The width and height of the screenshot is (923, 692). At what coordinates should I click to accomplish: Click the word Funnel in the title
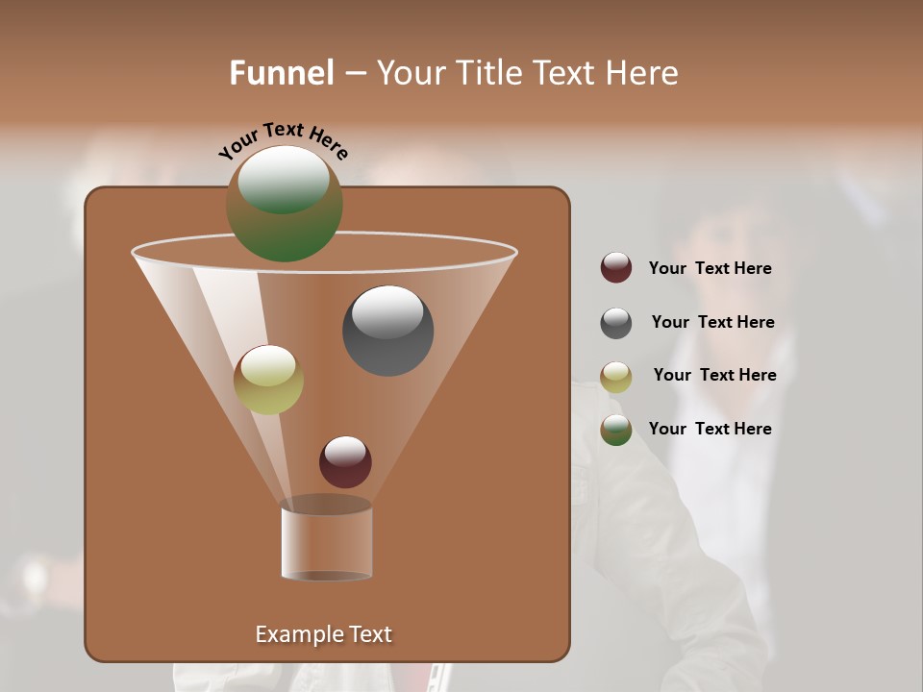click(x=281, y=73)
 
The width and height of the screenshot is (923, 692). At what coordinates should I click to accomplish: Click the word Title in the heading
click(x=491, y=73)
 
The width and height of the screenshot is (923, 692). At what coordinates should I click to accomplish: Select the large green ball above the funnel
click(x=285, y=204)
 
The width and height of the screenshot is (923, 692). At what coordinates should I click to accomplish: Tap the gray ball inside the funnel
click(x=387, y=331)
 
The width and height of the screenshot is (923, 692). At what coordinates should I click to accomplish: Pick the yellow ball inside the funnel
click(x=268, y=380)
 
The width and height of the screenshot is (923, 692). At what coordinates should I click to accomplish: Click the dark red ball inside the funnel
click(x=345, y=461)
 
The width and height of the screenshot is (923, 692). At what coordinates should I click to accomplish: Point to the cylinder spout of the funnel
click(x=327, y=542)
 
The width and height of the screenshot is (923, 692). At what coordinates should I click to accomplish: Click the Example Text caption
click(x=323, y=634)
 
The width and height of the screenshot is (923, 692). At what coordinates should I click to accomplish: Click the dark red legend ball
click(x=616, y=267)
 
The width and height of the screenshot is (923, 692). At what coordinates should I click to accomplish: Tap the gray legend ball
click(x=616, y=323)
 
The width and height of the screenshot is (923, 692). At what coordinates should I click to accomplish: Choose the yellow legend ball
click(x=616, y=377)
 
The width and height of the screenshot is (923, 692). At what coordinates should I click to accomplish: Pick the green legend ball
click(x=616, y=430)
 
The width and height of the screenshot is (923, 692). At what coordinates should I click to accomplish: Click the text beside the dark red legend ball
click(x=710, y=268)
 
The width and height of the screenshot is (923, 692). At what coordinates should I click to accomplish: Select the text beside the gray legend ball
click(x=712, y=322)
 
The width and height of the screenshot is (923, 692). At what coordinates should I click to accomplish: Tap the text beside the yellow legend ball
click(x=714, y=375)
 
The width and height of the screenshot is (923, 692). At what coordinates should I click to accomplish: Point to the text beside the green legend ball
click(x=710, y=429)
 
